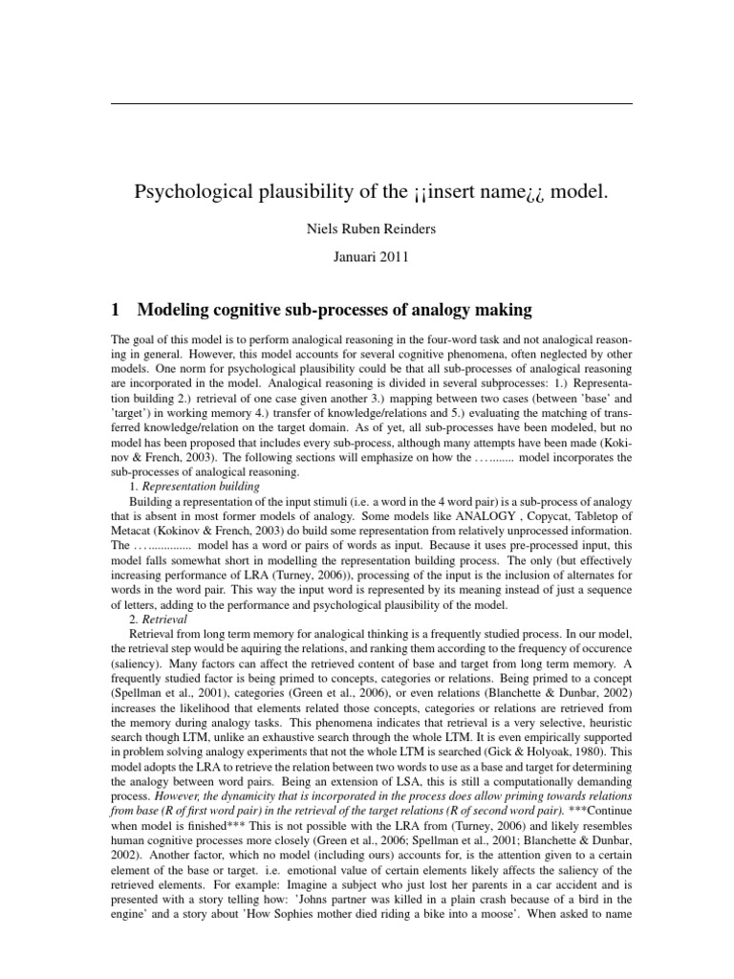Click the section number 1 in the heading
tap(116, 310)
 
